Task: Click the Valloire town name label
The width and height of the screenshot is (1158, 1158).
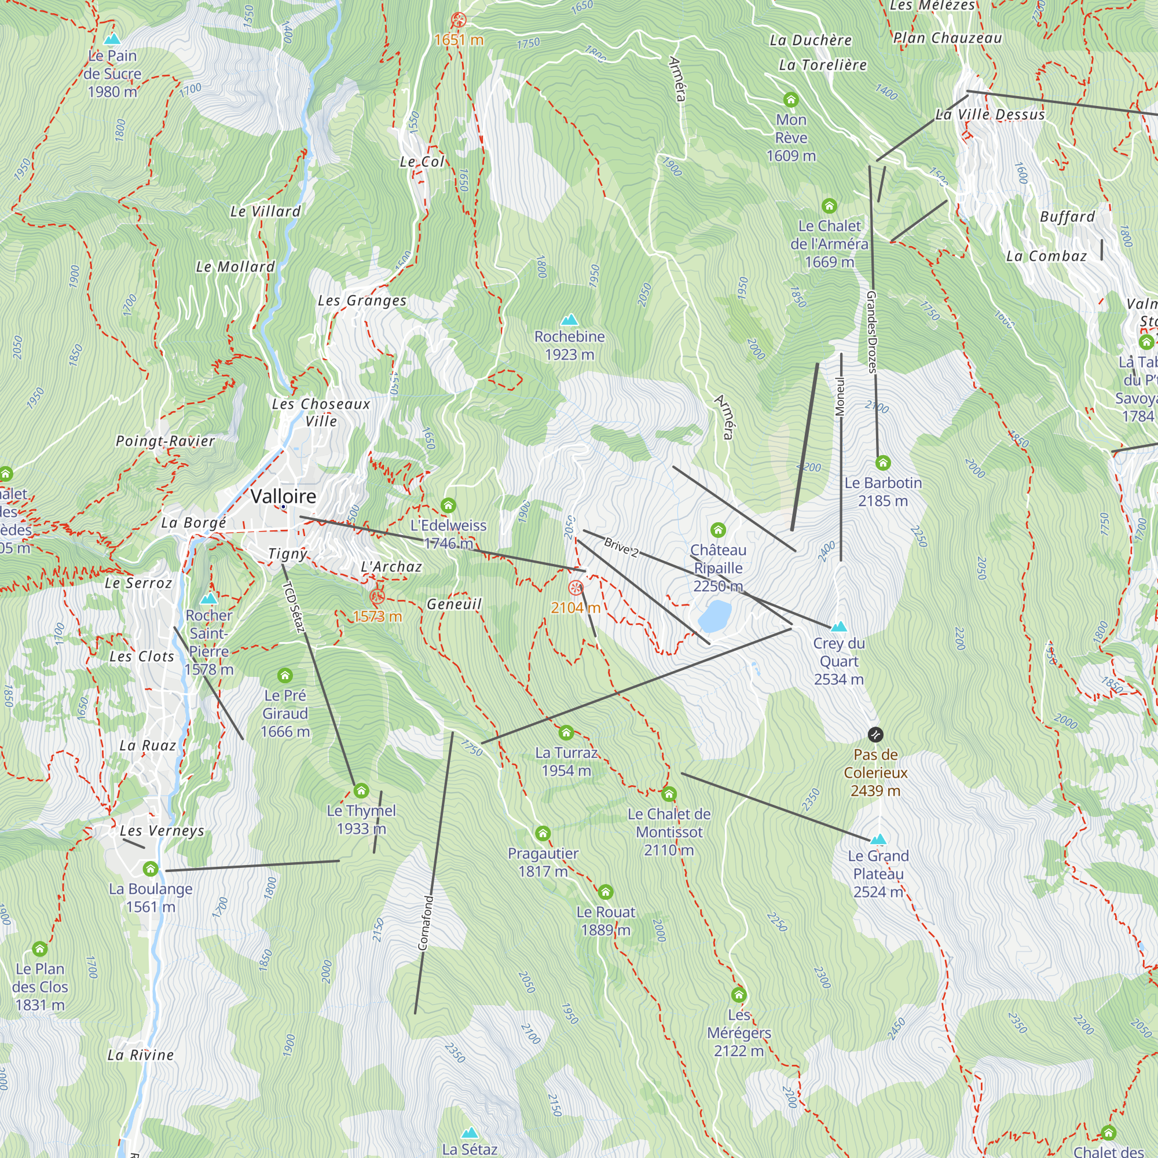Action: coord(283,496)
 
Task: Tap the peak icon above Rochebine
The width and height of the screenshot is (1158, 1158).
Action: coord(569,320)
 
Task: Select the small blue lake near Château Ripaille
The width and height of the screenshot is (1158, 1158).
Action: coord(714,617)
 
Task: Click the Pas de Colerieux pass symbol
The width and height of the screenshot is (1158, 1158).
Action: coord(875,734)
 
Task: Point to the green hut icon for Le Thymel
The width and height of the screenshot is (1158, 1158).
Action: coord(361,790)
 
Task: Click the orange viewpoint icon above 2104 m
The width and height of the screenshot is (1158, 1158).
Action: coord(576,588)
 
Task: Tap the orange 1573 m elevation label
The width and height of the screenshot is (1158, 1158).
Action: coord(377,616)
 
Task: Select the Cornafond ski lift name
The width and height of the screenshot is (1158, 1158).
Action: coord(425,923)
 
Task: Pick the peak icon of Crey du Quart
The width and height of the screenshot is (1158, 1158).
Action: coord(838,626)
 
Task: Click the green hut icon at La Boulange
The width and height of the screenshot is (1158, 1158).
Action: coord(151,868)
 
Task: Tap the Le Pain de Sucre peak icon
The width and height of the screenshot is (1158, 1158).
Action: coord(112,39)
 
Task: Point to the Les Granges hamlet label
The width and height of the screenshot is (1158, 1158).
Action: coord(362,301)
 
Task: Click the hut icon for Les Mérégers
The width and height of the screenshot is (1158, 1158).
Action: coord(738,995)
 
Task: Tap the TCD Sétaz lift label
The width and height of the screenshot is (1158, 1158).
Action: coord(294,607)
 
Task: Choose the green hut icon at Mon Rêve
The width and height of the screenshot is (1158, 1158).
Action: coord(790,100)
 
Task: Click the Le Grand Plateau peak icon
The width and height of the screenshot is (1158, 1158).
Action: coord(878,839)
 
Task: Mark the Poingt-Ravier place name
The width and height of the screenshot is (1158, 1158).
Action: coord(165,441)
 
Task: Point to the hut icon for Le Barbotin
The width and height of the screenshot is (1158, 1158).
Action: coord(882,463)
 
